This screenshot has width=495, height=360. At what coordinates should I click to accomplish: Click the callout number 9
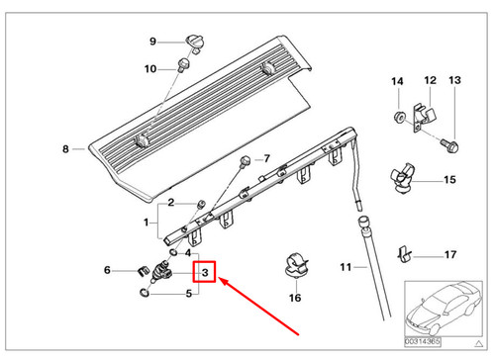(x=153, y=41)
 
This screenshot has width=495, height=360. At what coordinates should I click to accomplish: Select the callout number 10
(x=150, y=68)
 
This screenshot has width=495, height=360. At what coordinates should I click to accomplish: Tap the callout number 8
(x=66, y=149)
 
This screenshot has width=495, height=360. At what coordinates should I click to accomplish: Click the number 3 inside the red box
(x=205, y=272)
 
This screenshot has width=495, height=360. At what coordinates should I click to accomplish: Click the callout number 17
(x=450, y=255)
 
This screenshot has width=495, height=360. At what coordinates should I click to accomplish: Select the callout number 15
(x=449, y=180)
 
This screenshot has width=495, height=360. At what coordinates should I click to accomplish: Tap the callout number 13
(x=456, y=80)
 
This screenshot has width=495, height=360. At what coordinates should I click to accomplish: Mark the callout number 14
(x=396, y=80)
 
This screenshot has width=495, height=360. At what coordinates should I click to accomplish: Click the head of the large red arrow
(x=223, y=281)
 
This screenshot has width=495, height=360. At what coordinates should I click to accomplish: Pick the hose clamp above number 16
(x=293, y=263)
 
